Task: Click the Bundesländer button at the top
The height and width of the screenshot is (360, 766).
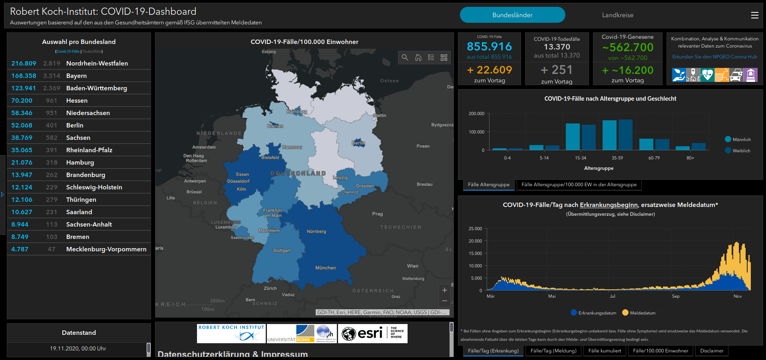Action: (x=512, y=15)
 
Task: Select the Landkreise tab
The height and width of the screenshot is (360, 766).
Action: (x=617, y=15)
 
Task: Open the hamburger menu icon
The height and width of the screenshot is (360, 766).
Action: (x=754, y=15)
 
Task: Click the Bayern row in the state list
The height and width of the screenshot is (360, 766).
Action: (x=76, y=76)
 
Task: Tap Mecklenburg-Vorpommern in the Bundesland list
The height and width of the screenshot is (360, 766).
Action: (x=106, y=249)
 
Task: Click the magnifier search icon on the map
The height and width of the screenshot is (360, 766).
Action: (x=405, y=58)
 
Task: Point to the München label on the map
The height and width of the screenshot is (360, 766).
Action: (x=325, y=268)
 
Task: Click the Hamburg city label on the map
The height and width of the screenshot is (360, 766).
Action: (x=296, y=112)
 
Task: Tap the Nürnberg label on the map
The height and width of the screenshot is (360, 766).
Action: (x=316, y=232)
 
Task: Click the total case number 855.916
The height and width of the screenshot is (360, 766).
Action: (x=489, y=47)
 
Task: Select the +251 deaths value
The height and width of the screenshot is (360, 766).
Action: (x=557, y=70)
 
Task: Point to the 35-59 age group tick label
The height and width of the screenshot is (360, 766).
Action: (x=617, y=158)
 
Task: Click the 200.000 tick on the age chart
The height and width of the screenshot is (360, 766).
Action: (x=476, y=114)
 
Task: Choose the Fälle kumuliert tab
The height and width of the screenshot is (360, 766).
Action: (x=605, y=351)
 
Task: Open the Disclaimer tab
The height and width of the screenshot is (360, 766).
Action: (x=712, y=351)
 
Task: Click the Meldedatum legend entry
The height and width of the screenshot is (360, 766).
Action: (x=639, y=313)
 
